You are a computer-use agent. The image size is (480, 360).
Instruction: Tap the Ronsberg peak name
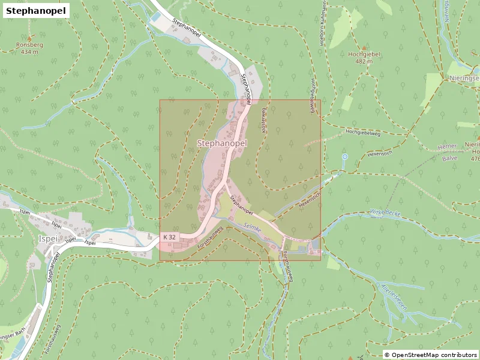tap(29, 45)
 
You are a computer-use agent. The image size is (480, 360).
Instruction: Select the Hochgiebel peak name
tap(364, 54)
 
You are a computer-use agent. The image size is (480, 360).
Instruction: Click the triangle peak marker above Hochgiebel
tap(364, 47)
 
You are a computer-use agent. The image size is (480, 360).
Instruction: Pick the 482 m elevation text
tap(364, 61)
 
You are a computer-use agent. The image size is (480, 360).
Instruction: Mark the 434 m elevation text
tap(29, 52)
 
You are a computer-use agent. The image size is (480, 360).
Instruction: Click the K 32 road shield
tap(169, 238)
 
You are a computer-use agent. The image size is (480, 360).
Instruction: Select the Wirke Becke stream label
tap(384, 213)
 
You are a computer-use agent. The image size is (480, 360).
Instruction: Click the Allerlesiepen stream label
tap(394, 297)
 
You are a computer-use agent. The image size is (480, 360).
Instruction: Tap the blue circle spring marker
tap(344, 157)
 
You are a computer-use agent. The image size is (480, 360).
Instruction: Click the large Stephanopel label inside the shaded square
tap(222, 143)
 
